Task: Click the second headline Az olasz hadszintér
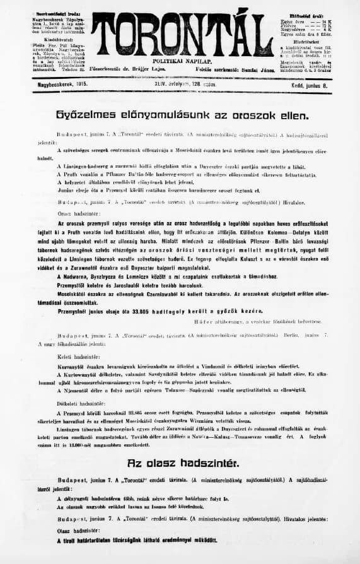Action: (x=182, y=463)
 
